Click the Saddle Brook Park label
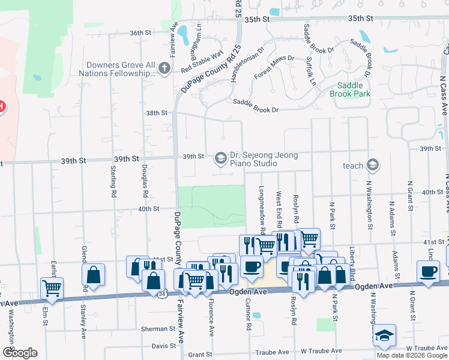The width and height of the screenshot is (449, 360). pos(350,89)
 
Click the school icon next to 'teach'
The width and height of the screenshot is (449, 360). pos(373,165)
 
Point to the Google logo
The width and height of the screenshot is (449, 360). pos(20,353)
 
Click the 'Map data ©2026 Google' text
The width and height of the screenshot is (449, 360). pos(412,355)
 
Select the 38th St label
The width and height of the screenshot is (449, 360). pos(156,113)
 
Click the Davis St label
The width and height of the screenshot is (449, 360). pos(163,346)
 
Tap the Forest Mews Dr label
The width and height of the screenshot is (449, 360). pos(274,67)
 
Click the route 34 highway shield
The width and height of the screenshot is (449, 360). pos(162,295)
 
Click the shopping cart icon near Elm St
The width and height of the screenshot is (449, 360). pos(52,287)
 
